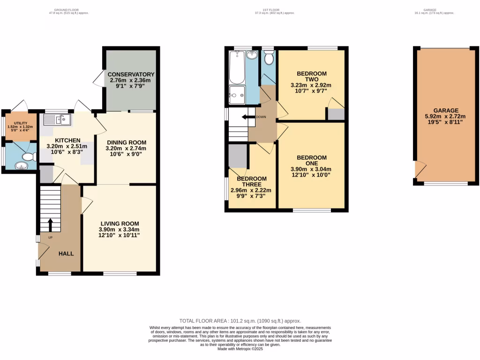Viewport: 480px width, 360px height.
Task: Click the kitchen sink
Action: point(57,120)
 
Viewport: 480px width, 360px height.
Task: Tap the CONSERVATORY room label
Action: point(131,75)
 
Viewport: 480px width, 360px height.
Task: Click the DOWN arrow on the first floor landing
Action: point(247,117)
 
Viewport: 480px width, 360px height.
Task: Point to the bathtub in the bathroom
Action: point(235,67)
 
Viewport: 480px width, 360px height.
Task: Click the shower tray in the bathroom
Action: point(237,95)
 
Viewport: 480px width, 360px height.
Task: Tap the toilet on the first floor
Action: point(269,58)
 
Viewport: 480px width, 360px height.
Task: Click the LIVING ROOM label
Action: point(119,224)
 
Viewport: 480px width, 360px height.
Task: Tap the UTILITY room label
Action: point(17,123)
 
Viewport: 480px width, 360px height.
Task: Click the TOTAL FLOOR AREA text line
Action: point(240,321)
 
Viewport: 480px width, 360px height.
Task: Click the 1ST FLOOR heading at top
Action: point(274,9)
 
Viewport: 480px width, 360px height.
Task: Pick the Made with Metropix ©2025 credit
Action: point(240,349)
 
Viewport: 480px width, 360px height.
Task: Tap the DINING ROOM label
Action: point(127,142)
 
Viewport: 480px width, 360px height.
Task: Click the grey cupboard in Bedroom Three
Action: point(238,156)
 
